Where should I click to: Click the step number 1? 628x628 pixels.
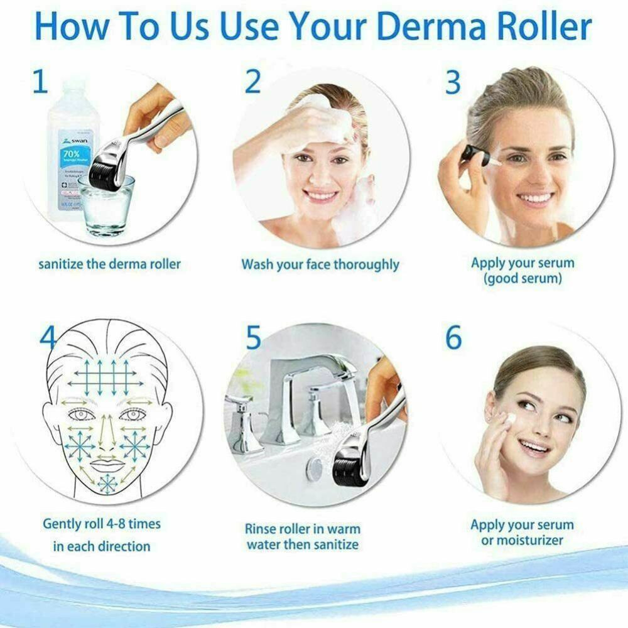click(x=40, y=82)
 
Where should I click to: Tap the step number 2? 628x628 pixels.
click(x=252, y=82)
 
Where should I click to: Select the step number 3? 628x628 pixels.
click(x=453, y=82)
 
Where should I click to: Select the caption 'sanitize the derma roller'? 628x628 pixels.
click(x=109, y=263)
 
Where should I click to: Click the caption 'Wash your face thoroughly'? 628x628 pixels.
click(x=320, y=264)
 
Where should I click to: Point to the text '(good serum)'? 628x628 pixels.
click(x=522, y=278)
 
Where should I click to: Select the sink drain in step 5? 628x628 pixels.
click(x=314, y=468)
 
